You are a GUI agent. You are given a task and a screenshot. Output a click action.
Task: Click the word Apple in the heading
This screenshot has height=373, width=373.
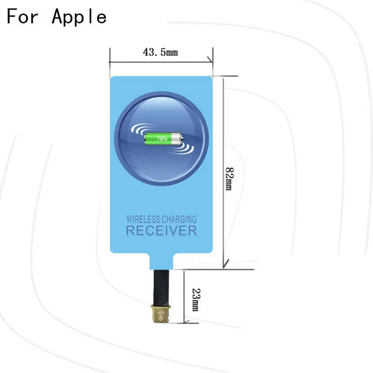click(79, 17)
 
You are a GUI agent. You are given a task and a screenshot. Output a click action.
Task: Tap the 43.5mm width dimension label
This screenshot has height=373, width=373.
click(160, 52)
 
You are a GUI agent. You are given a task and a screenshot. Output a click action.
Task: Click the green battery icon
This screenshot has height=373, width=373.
click(162, 138)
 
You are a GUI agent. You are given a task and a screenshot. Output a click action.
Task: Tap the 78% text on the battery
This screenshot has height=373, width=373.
click(162, 138)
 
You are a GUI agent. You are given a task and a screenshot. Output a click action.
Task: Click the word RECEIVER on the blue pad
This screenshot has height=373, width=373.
click(161, 230)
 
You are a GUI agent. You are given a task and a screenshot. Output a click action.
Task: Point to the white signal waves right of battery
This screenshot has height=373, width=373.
click(185, 147)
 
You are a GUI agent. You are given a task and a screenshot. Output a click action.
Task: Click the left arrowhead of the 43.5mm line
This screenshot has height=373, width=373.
click(112, 61)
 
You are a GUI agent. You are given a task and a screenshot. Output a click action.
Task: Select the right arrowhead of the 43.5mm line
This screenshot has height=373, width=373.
click(211, 61)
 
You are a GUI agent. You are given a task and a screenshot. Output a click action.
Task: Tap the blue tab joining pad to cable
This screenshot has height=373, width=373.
click(162, 262)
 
